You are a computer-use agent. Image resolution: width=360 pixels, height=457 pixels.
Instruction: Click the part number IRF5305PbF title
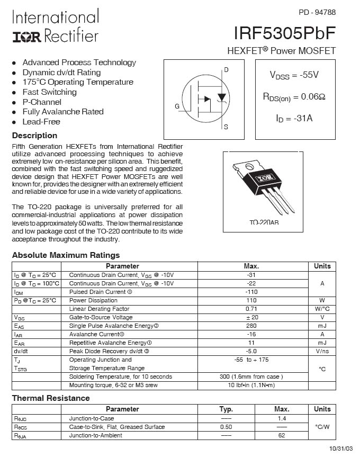(284, 33)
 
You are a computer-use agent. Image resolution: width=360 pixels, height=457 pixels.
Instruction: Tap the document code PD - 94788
(317, 12)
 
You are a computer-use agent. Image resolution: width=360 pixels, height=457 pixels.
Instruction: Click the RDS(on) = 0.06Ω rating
(294, 96)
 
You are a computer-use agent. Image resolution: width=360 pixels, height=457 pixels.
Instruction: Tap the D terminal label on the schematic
(226, 70)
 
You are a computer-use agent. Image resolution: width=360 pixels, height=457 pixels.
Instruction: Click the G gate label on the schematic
(177, 106)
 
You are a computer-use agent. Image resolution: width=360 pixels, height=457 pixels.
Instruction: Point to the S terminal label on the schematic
(226, 127)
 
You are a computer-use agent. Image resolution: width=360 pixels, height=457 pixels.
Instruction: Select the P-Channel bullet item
(42, 102)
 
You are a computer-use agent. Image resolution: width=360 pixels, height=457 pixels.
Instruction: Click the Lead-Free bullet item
(41, 121)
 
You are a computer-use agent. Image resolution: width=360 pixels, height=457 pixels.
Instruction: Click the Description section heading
(34, 136)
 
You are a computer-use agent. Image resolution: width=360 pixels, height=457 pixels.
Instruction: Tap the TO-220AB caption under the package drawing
(264, 223)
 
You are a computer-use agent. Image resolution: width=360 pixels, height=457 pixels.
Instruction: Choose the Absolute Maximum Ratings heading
(66, 255)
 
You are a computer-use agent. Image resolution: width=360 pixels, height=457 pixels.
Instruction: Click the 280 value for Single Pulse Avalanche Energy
(251, 326)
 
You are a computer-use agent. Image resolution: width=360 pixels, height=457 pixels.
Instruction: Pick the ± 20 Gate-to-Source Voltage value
(251, 317)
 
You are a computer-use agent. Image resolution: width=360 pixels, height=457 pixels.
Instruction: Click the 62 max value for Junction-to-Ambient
(282, 435)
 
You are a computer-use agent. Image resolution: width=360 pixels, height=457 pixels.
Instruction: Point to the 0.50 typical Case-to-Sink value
(226, 427)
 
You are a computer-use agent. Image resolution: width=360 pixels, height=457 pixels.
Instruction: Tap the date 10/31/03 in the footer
(341, 449)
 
